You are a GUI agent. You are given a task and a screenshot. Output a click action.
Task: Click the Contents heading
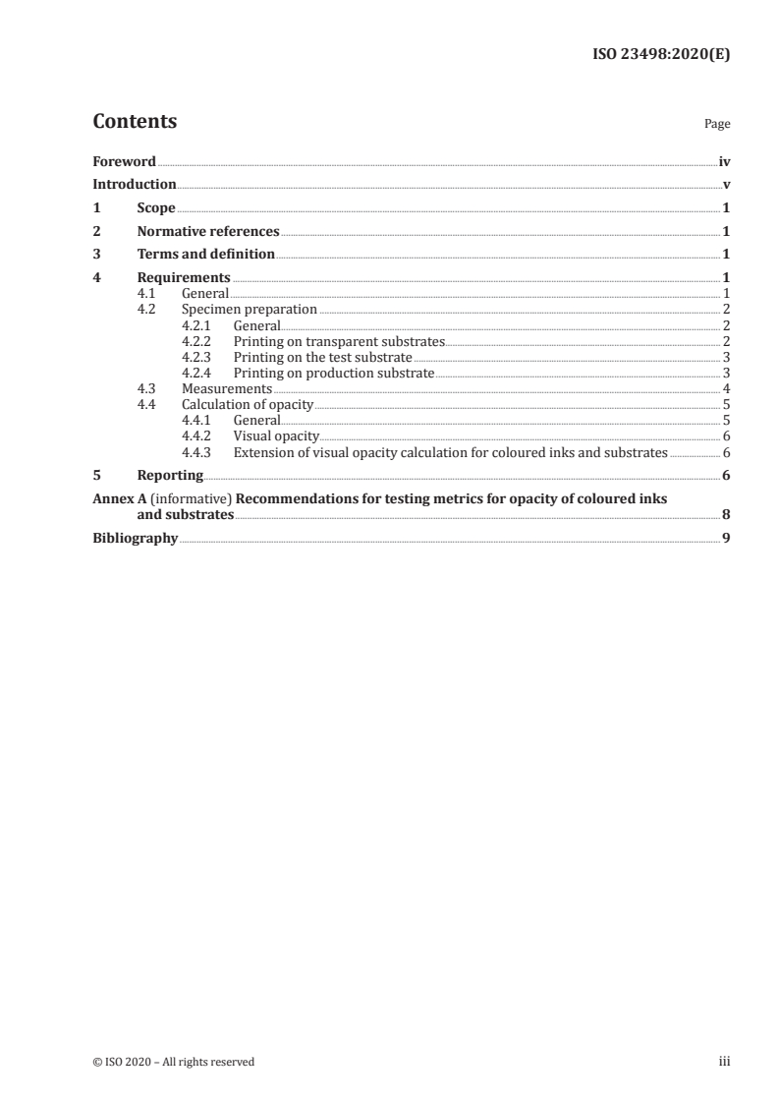tap(135, 122)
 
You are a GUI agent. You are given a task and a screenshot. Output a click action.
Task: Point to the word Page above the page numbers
tap(717, 125)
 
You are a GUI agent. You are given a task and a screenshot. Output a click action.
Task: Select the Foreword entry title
tap(124, 161)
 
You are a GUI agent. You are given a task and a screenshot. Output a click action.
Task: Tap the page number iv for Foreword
tap(724, 161)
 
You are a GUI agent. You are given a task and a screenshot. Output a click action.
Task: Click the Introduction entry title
tap(135, 184)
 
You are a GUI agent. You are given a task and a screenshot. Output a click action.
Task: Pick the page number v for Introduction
tap(726, 184)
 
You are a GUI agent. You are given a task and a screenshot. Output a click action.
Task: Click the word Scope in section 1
tap(156, 208)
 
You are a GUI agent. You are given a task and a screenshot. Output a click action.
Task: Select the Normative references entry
tap(208, 232)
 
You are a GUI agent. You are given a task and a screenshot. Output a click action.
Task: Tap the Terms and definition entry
tap(205, 255)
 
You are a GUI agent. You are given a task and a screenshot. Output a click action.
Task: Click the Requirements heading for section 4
tap(184, 278)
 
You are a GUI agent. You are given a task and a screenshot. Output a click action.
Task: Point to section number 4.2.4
tap(197, 373)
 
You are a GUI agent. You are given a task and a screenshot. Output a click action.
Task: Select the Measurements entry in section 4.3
tap(227, 388)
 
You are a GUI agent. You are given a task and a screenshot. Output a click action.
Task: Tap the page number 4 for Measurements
tap(726, 388)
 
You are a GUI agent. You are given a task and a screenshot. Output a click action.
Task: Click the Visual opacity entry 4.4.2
tap(276, 435)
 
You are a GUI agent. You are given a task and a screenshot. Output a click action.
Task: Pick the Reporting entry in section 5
tap(170, 476)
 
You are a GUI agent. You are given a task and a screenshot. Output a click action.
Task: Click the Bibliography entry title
tap(135, 538)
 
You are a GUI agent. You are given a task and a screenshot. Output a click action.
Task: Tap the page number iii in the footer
tap(724, 1061)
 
